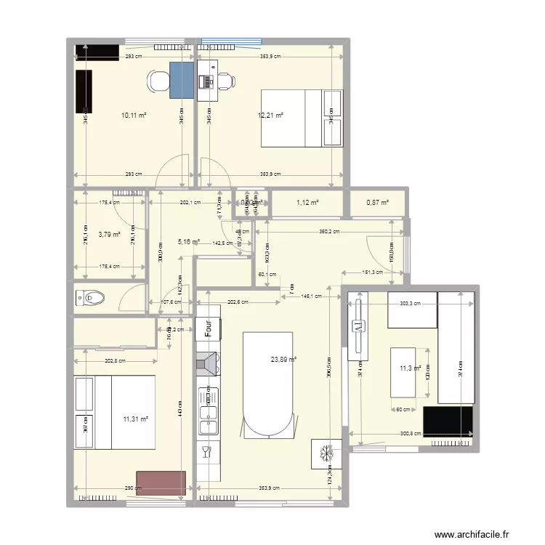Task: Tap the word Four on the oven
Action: coord(207,328)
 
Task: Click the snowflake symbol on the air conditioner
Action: coord(326,453)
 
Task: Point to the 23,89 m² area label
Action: coord(284,358)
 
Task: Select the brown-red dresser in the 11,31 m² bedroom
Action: coord(161,483)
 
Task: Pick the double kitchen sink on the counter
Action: coord(206,422)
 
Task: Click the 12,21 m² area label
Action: coord(270,115)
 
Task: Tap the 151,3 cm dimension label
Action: coord(371,272)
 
